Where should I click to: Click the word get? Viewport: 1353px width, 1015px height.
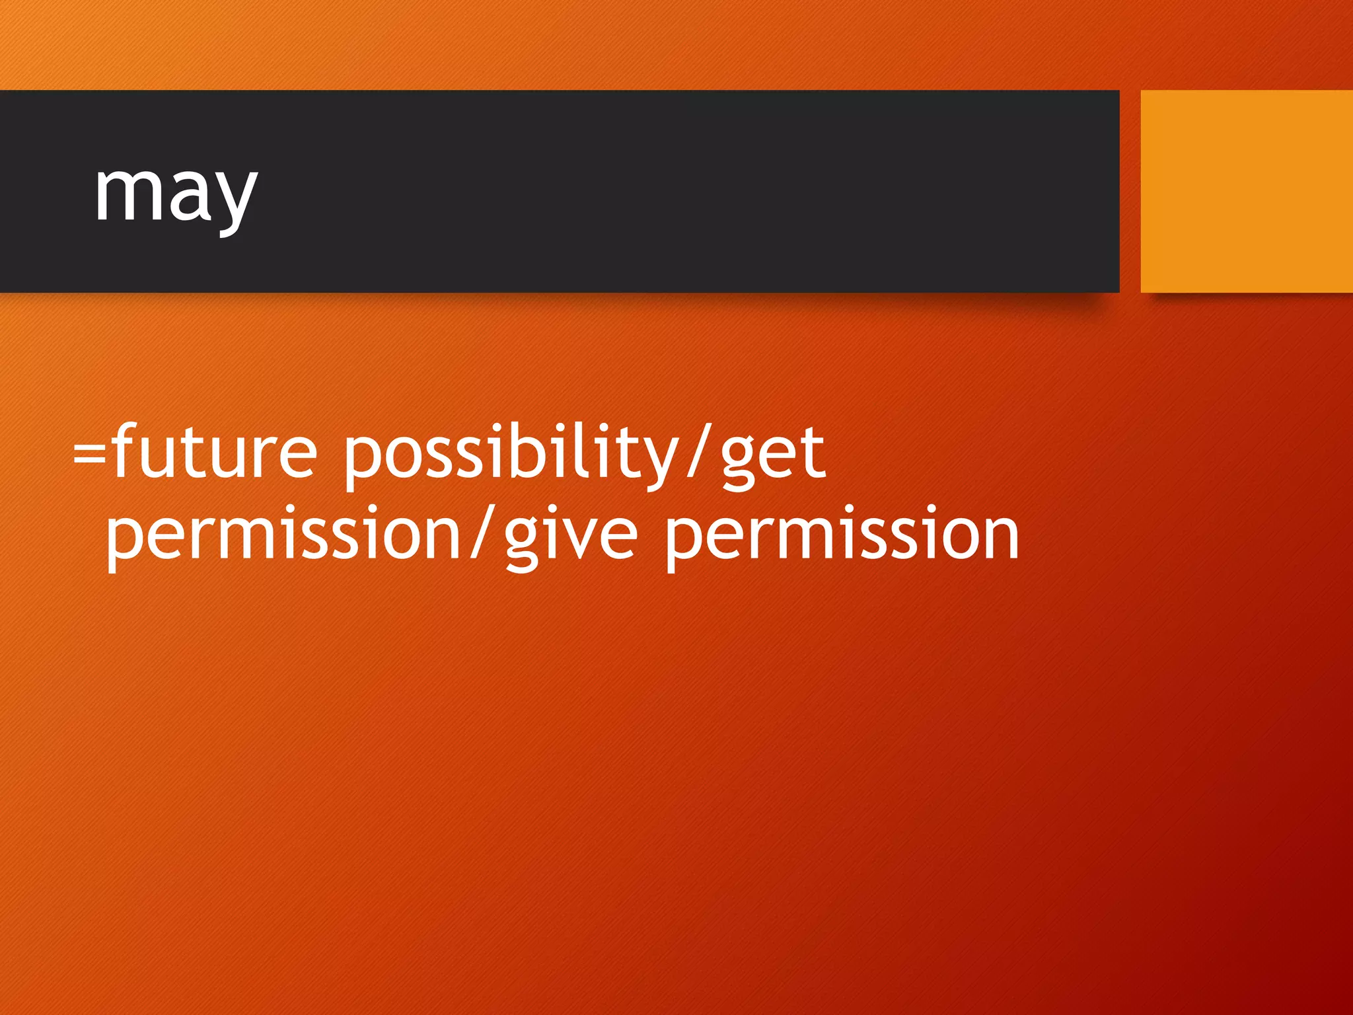click(773, 456)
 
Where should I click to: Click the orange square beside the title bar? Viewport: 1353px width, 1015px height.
click(1246, 192)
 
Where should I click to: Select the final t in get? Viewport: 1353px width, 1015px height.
click(813, 452)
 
